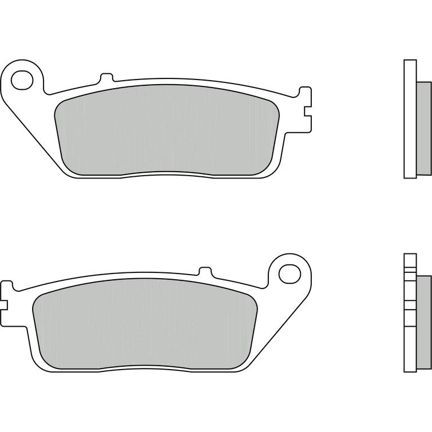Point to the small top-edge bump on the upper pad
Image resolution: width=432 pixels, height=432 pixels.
106,77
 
